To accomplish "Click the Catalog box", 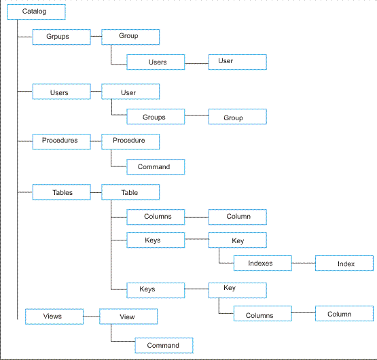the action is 36,12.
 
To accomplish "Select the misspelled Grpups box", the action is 62,37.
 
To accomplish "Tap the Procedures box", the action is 62,142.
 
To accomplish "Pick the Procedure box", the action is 130,142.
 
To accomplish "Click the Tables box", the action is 62,192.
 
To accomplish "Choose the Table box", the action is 130,192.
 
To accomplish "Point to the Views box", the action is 54,317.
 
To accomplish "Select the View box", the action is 128,317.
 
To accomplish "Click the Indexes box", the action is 263,264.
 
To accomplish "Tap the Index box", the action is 344,264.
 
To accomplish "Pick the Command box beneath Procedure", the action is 156,167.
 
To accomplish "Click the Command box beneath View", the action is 164,346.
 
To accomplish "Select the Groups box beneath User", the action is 156,117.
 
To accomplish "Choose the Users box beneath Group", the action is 156,62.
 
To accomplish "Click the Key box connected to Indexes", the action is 238,240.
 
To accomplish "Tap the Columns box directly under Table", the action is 156,217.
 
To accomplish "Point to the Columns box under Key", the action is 263,314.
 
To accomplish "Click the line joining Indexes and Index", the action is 304,263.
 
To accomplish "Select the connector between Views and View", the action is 92,317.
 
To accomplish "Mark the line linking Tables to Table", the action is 96,192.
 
